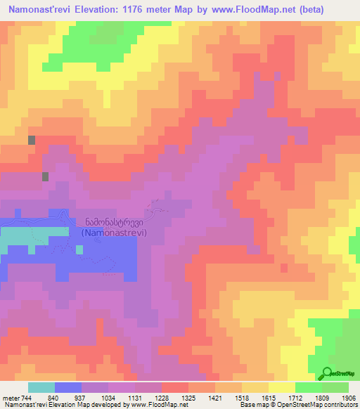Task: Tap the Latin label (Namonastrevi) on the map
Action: click(114, 233)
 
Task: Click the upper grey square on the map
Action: click(32, 140)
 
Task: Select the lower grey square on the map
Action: click(46, 176)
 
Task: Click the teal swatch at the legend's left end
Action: click(41, 387)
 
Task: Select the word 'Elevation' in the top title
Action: click(105, 10)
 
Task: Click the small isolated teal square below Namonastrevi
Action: click(32, 250)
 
